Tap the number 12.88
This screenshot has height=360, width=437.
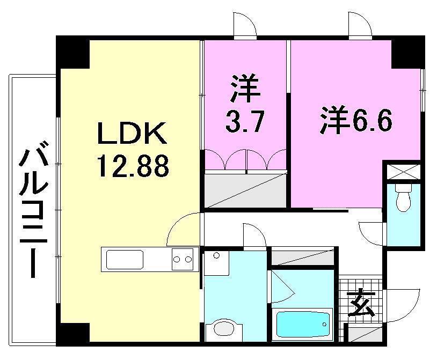point(133,166)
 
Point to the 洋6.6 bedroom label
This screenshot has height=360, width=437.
point(356,121)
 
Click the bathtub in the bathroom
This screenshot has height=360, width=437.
point(303,324)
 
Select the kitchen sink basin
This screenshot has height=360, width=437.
point(125,260)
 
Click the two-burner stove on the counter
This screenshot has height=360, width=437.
point(183,260)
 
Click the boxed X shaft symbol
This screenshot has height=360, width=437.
point(403,172)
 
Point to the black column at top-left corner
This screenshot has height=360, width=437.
point(72,50)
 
